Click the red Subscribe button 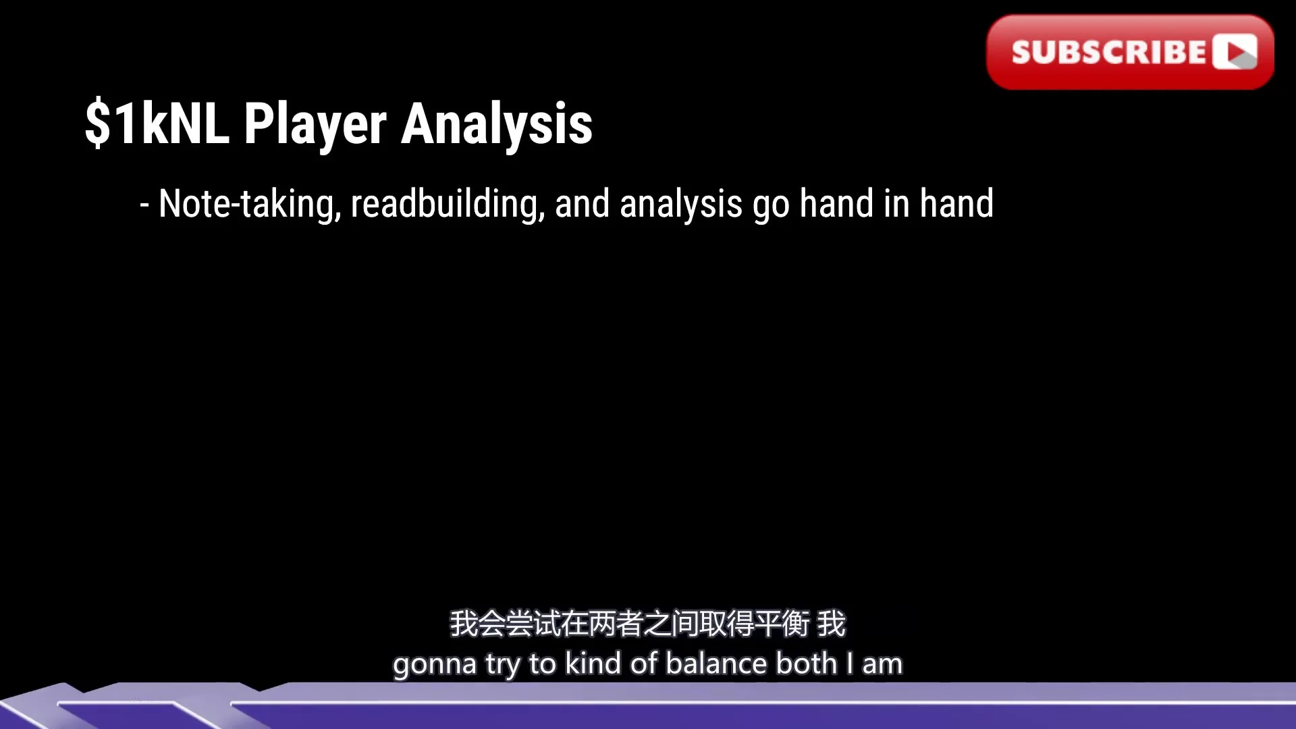point(1130,52)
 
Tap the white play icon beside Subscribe point(1235,52)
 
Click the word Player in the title point(315,124)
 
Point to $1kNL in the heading point(157,123)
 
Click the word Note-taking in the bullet point(250,204)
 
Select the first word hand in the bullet point(836,204)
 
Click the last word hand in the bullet point(956,204)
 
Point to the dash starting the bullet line point(144,206)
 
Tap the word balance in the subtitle point(715,663)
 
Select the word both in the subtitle point(806,663)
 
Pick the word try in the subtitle point(502,664)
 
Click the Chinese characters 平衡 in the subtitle point(782,624)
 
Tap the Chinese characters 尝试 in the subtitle point(519,624)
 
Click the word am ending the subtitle point(882,665)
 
